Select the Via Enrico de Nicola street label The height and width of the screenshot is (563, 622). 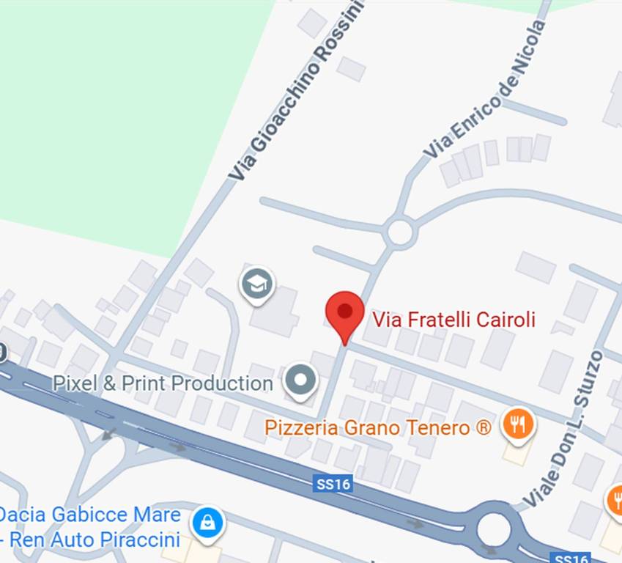[x=485, y=89]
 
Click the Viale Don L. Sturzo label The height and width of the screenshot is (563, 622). [x=563, y=430]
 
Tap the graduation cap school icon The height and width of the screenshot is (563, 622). [x=257, y=284]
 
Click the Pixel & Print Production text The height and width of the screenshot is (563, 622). [x=163, y=383]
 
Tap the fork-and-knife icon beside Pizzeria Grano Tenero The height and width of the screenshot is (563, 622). [x=519, y=424]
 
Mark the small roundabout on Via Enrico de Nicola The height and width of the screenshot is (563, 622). [x=400, y=232]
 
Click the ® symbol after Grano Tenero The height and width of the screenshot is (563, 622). [x=484, y=427]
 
